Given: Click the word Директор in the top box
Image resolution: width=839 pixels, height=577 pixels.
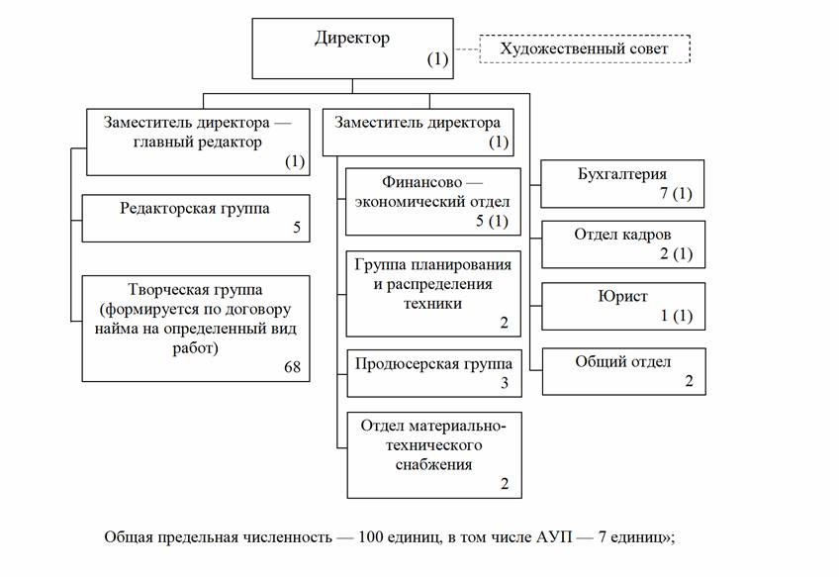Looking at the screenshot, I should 352,39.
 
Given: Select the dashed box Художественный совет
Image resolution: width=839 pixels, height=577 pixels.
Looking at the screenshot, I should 584,48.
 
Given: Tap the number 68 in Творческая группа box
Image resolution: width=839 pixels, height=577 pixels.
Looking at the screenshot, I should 292,367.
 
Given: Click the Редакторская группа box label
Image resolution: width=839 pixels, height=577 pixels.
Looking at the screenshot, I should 195,208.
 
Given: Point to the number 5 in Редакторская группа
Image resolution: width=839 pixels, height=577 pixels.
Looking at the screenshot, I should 296,228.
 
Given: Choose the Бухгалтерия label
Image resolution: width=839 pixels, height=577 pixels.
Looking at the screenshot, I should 622,174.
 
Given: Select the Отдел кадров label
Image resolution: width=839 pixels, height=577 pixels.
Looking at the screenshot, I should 622,235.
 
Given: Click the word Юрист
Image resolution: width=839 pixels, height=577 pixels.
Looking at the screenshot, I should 622,297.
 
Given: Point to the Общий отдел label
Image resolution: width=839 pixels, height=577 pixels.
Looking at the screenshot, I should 622,361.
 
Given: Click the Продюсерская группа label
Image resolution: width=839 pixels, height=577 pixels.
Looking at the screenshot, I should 426,362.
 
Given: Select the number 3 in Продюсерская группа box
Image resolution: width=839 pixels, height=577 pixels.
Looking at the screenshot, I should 503,382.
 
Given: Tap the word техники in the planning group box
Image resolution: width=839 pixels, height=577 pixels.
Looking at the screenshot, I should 432,304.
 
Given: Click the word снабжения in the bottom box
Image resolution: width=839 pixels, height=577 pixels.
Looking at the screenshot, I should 433,463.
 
